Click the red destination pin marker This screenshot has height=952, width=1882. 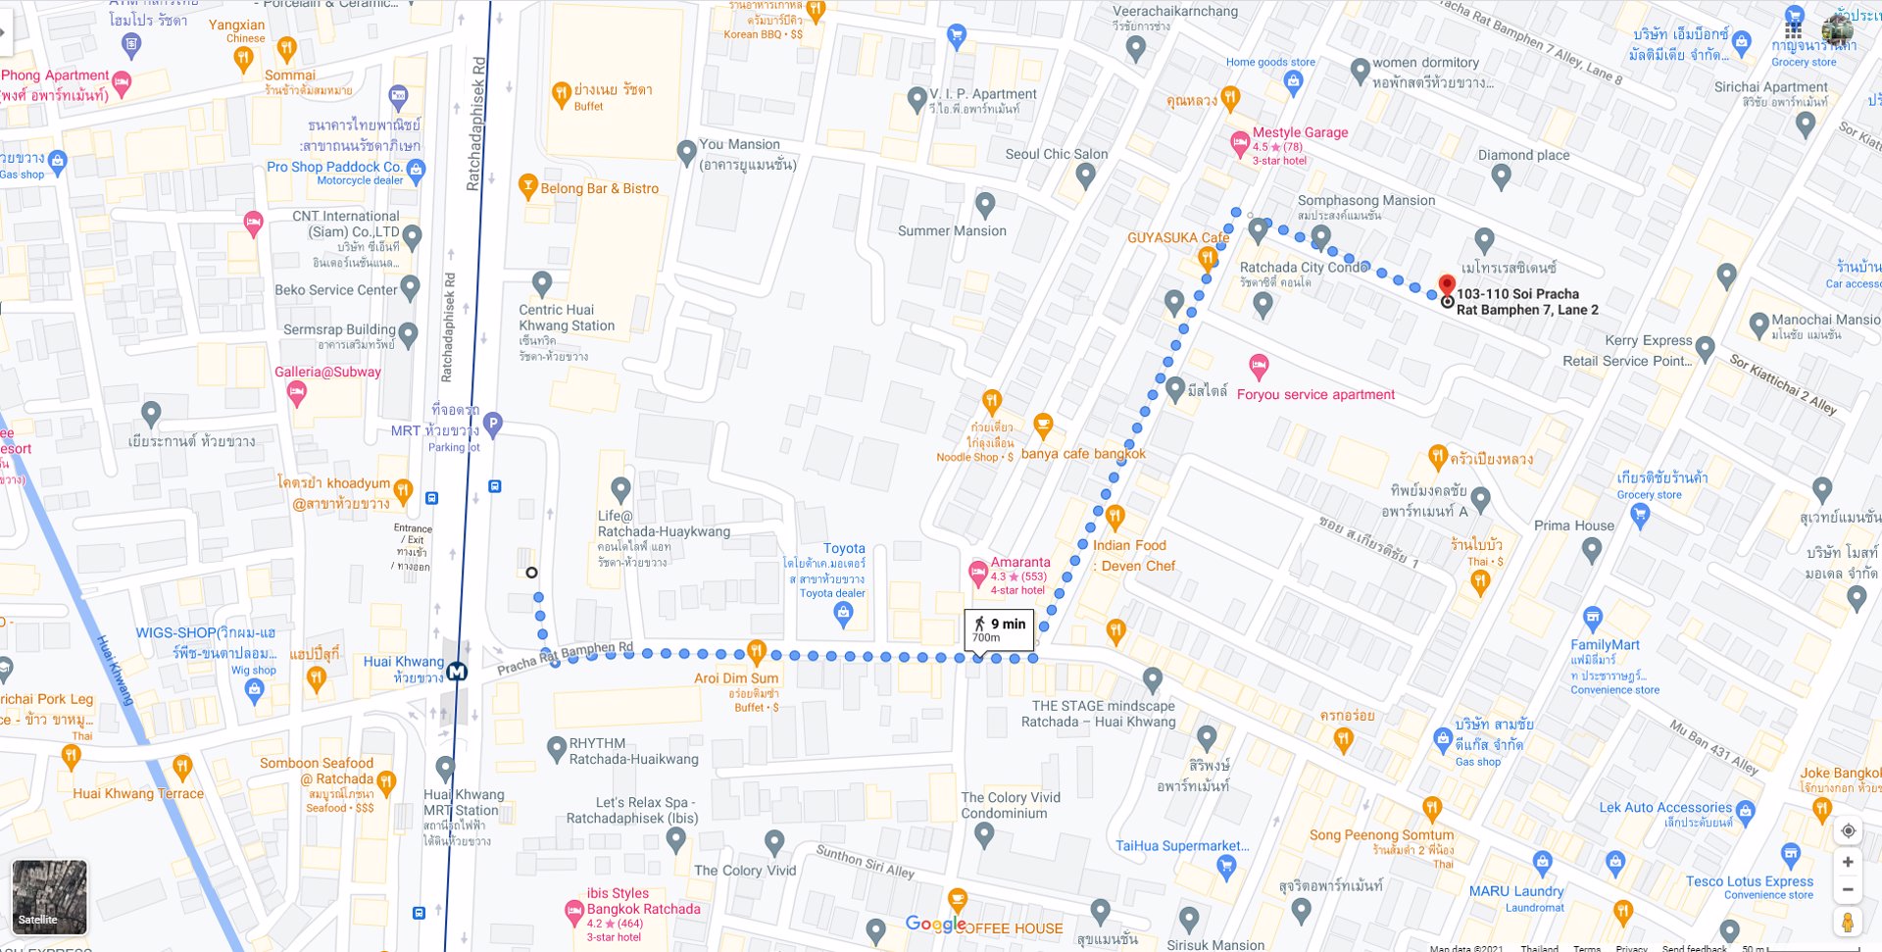[x=1447, y=285]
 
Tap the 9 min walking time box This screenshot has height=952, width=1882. [x=999, y=629]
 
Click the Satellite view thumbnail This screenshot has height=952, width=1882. [x=49, y=896]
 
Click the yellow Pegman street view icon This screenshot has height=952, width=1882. [x=1848, y=923]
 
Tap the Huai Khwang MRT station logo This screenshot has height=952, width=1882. [x=457, y=672]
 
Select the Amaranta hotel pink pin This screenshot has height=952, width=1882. [x=977, y=573]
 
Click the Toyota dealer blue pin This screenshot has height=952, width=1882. [x=843, y=614]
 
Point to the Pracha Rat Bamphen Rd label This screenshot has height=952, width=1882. [x=565, y=659]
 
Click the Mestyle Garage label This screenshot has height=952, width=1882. [x=1300, y=132]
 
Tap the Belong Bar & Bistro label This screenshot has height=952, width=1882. [x=599, y=188]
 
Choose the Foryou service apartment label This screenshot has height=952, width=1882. [x=1315, y=394]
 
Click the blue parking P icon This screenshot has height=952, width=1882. [x=493, y=424]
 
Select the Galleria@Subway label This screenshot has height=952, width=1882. [x=327, y=372]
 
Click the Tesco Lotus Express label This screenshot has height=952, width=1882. [x=1750, y=881]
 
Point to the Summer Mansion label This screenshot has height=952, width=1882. [x=952, y=230]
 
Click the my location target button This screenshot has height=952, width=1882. [x=1848, y=830]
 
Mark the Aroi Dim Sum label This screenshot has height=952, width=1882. [x=736, y=677]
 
